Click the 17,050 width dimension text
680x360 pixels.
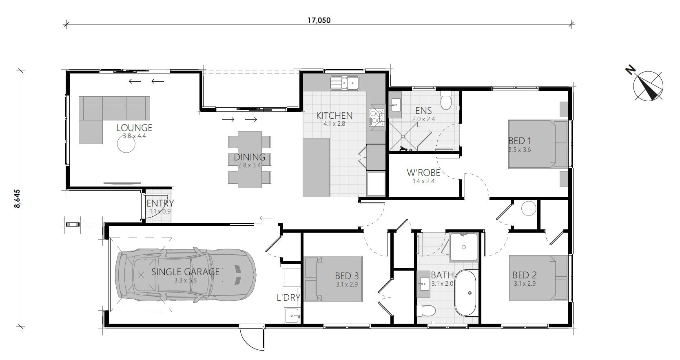[319, 20]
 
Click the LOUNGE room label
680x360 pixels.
[134, 128]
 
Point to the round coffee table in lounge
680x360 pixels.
[126, 144]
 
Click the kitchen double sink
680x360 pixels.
[344, 83]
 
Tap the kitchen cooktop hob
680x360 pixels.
[377, 118]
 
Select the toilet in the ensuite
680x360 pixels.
[446, 100]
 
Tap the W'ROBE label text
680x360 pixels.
[423, 173]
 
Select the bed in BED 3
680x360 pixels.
[333, 279]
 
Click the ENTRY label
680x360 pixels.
[160, 203]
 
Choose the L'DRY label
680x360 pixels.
[288, 298]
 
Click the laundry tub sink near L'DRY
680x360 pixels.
[292, 315]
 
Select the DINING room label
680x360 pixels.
[250, 157]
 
